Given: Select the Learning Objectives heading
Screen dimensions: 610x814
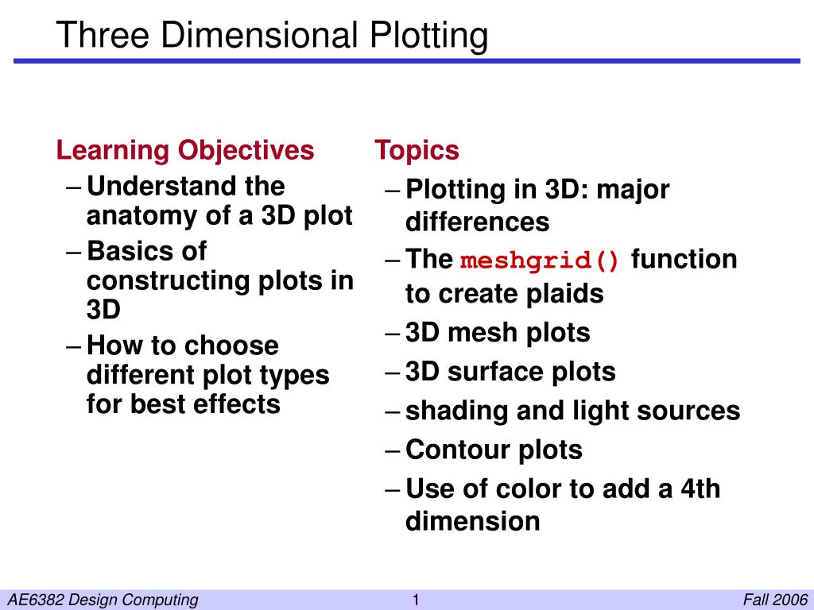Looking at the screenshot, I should pyautogui.click(x=185, y=149).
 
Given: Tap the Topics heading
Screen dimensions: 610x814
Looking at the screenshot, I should pyautogui.click(x=417, y=149).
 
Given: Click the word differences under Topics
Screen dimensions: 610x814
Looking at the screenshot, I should pyautogui.click(x=477, y=222).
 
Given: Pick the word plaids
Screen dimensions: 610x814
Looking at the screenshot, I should pyautogui.click(x=564, y=294).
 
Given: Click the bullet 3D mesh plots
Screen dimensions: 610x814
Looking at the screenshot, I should pyautogui.click(x=498, y=332).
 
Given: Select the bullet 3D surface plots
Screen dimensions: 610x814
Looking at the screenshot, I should pyautogui.click(x=510, y=371).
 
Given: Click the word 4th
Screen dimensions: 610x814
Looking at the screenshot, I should pyautogui.click(x=700, y=488).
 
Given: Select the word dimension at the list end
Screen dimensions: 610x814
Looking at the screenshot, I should pyautogui.click(x=473, y=521).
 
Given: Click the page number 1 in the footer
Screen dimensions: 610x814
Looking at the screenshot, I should pyautogui.click(x=415, y=600).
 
